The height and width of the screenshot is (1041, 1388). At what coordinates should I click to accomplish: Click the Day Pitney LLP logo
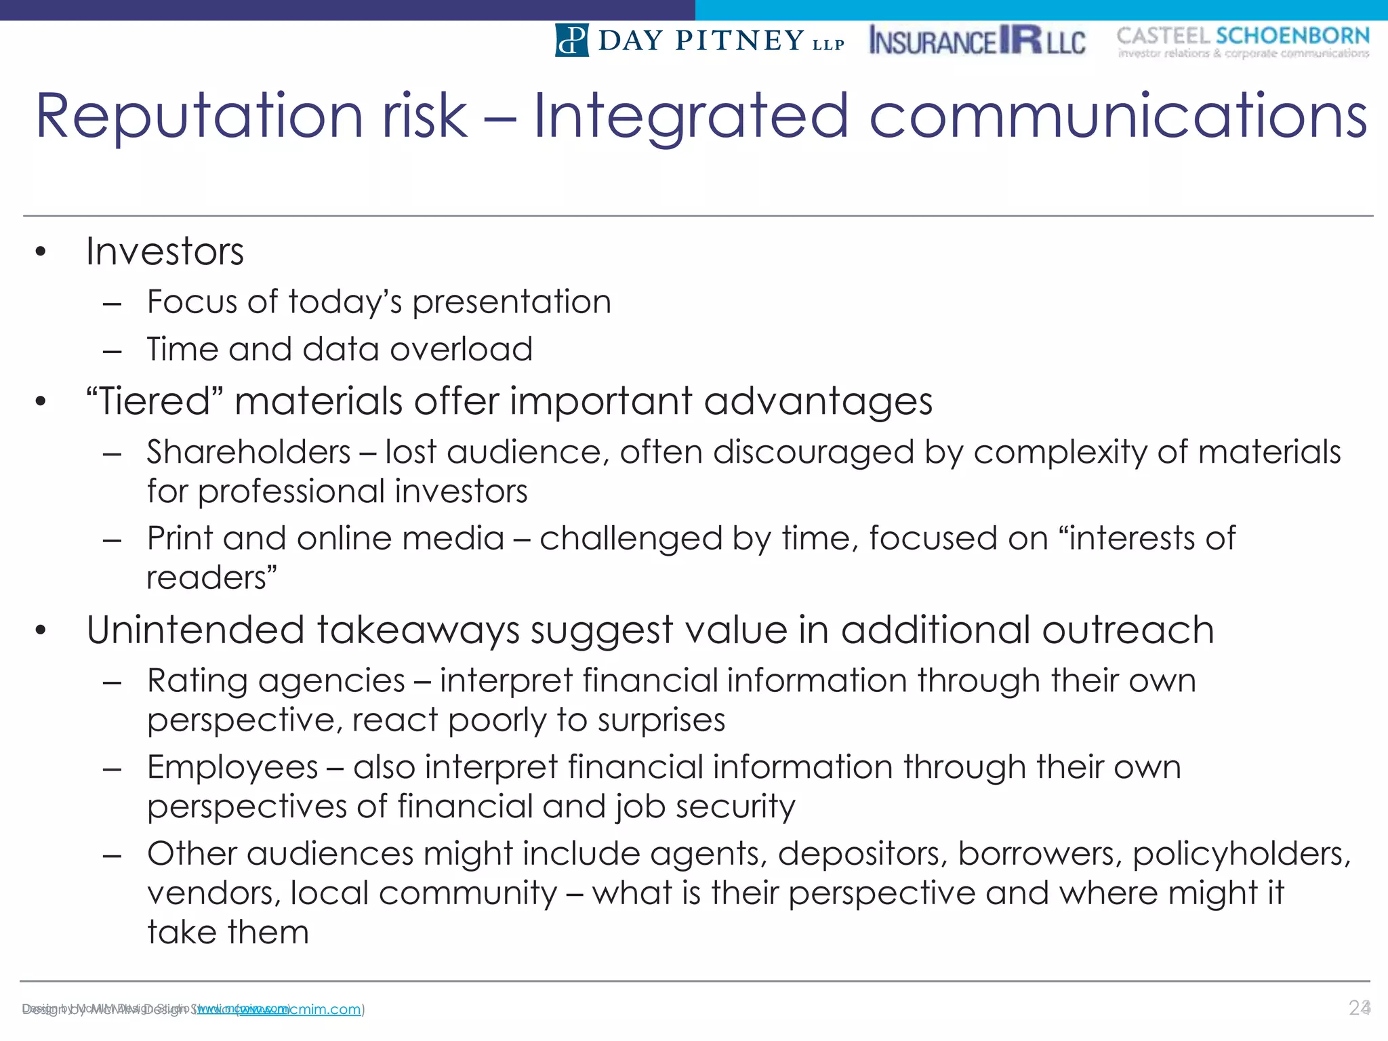699,41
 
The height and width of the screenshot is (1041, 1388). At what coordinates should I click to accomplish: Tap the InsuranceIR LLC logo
977,41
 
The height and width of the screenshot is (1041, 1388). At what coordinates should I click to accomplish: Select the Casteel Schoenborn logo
1243,42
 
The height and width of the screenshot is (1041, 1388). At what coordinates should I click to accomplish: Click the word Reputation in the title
199,117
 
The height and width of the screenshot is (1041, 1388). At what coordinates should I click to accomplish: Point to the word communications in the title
1118,117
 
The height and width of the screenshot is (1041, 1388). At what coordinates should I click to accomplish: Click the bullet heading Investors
165,252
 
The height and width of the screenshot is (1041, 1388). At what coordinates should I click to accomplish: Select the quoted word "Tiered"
155,401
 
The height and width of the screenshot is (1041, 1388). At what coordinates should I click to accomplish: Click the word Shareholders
249,452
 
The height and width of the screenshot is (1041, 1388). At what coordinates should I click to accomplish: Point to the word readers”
212,578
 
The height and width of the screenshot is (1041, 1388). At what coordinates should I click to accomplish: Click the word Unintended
195,630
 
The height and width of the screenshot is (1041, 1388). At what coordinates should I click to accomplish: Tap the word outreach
1128,630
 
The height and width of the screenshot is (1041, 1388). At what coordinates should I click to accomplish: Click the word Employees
232,768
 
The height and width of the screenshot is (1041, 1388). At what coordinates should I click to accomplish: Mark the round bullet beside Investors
41,252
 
